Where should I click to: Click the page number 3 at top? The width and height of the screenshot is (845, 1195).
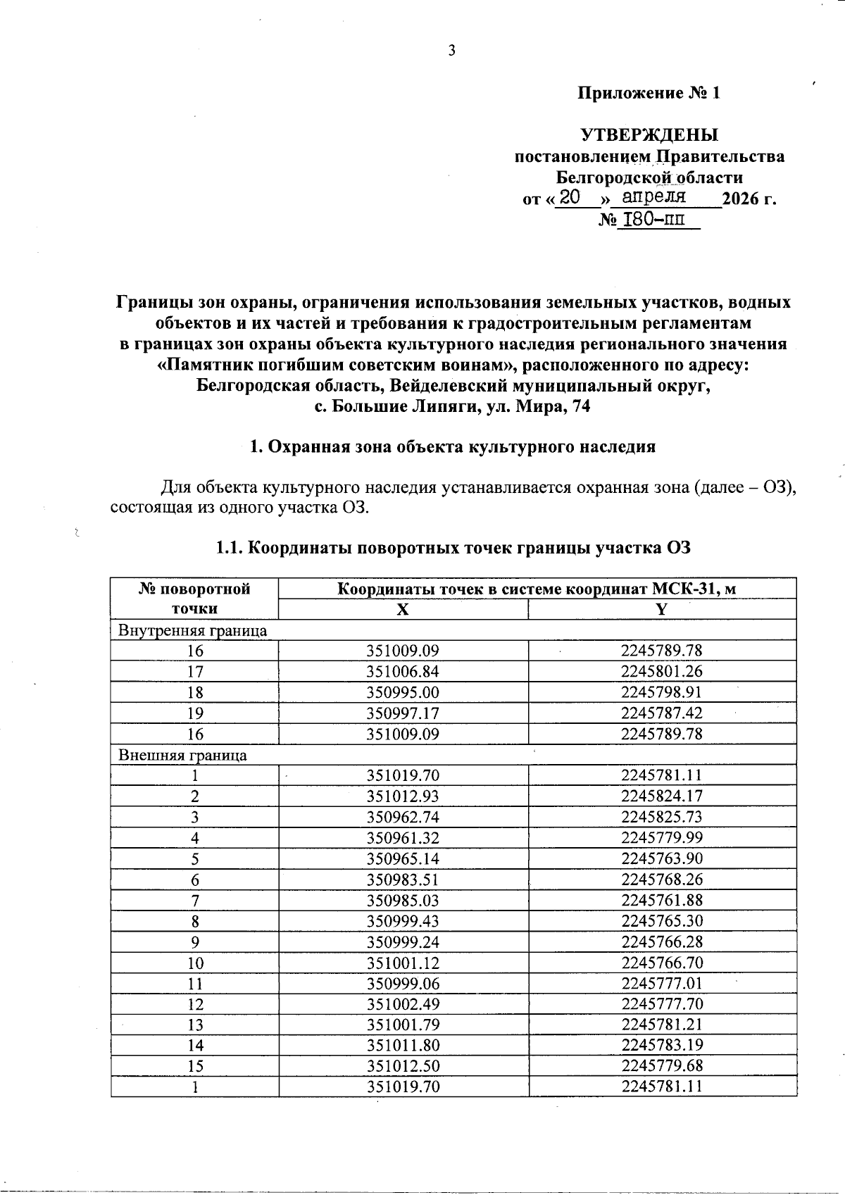pos(451,50)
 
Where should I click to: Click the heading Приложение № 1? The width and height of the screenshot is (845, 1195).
pos(649,93)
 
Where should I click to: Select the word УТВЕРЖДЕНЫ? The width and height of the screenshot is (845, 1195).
pos(649,134)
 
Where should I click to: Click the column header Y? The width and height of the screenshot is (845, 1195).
pos(661,611)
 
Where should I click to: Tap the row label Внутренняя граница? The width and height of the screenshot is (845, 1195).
pos(192,630)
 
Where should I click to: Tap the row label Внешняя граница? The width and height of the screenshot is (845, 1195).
pos(182,756)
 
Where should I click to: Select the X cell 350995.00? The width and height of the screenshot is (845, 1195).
pos(403,692)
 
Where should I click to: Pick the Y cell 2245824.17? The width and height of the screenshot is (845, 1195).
pos(661,796)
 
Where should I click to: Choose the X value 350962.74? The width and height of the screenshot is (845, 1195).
pos(403,818)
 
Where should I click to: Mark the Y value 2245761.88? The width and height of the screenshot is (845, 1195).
pos(661,900)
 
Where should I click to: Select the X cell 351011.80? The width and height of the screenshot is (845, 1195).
pos(403,1046)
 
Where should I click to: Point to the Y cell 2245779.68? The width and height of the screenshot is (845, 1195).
pos(661,1066)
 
